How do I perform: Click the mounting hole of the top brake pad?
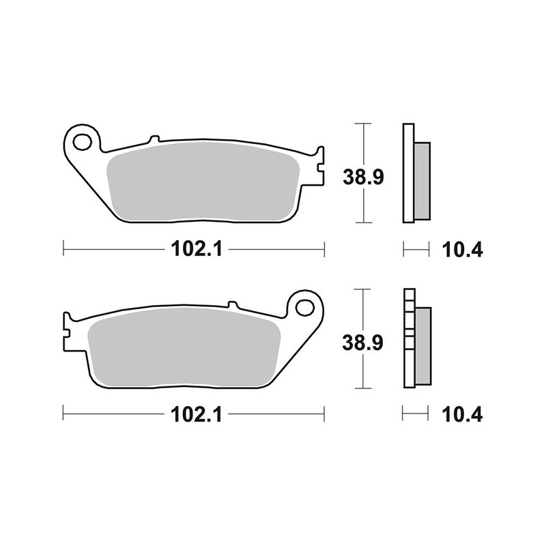coord(83,142)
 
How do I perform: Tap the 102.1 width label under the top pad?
coord(194,250)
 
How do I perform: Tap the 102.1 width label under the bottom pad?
coord(194,414)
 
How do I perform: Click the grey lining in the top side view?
coord(422,180)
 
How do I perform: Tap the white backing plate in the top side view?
coord(408,173)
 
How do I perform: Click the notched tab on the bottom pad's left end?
coord(68,330)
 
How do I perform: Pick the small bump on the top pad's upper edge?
coord(154,138)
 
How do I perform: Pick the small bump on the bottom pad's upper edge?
coord(231,304)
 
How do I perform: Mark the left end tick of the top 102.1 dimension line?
coord(63,250)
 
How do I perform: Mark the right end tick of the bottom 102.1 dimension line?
coord(324,414)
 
